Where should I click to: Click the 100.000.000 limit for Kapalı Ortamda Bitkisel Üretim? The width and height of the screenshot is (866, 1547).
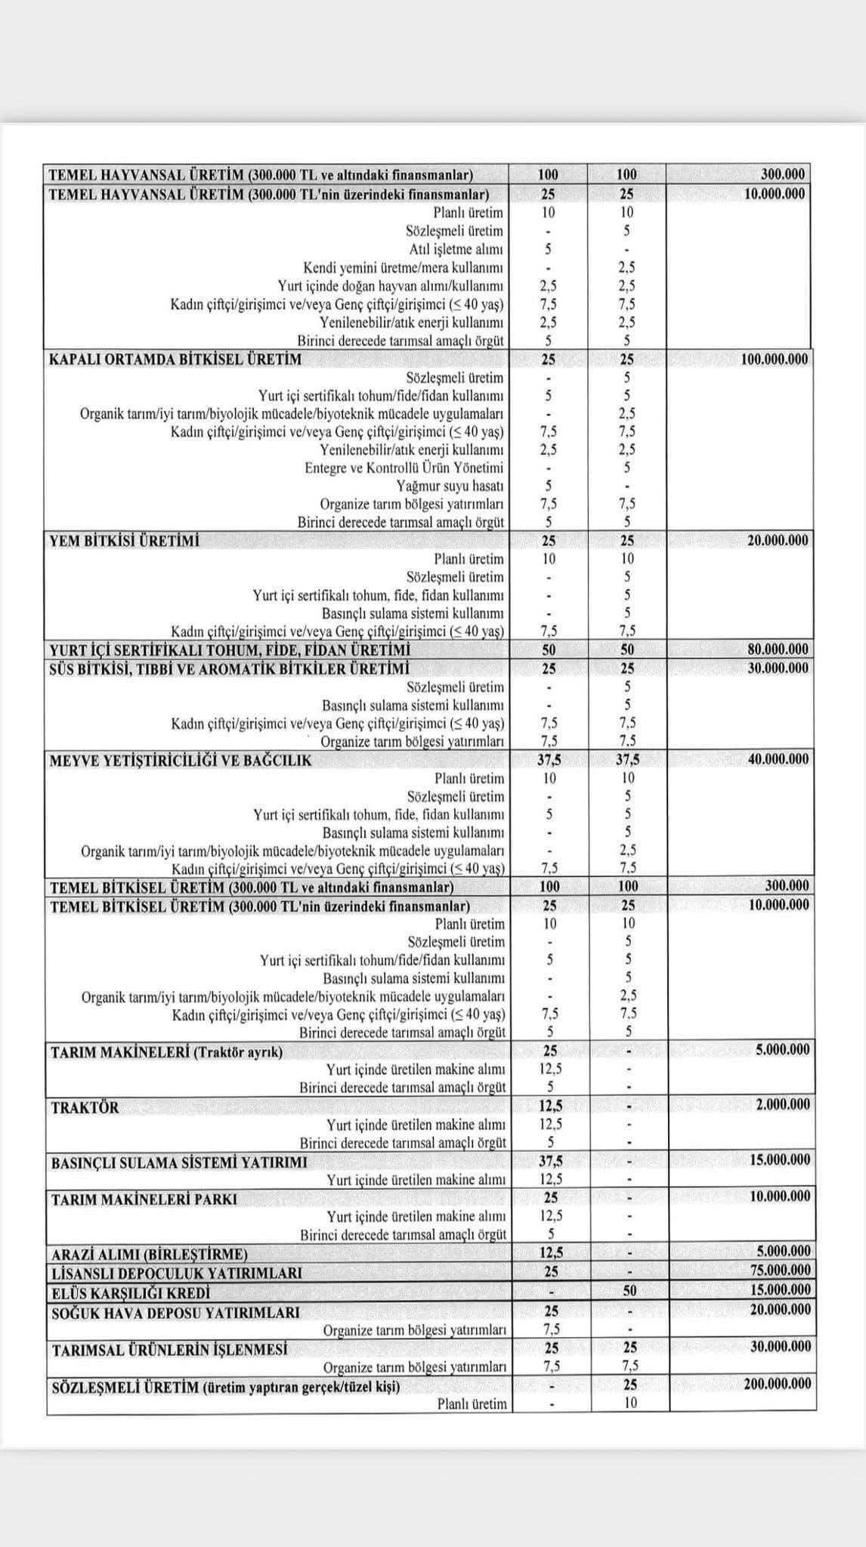(x=774, y=360)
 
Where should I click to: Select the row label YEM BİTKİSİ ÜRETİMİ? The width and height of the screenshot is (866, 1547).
(x=125, y=541)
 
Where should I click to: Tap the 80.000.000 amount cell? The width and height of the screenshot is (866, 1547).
(x=778, y=650)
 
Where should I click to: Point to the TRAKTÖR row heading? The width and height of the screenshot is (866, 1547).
(x=85, y=1108)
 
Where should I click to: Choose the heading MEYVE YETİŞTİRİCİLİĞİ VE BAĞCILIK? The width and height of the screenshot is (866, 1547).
(x=181, y=760)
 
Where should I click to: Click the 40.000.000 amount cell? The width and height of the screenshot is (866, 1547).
(x=778, y=759)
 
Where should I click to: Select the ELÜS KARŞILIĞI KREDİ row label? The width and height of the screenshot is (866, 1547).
(x=131, y=1292)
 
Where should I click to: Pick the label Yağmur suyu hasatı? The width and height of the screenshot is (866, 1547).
(x=450, y=486)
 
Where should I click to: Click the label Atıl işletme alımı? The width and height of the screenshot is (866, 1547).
(x=456, y=249)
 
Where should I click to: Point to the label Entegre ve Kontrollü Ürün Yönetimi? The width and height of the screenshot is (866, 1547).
(x=404, y=468)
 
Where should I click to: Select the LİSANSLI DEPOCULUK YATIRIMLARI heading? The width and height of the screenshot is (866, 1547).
(x=176, y=1273)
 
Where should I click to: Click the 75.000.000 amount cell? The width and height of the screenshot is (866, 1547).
(x=779, y=1271)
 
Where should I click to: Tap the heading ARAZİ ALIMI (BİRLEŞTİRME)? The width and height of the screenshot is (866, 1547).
(x=149, y=1254)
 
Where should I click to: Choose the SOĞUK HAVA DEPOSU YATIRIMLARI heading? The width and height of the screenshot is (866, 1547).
(x=175, y=1313)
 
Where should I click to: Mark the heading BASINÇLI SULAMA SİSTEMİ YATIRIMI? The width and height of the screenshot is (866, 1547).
(x=179, y=1163)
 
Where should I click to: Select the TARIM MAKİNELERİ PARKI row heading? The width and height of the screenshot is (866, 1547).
(x=144, y=1199)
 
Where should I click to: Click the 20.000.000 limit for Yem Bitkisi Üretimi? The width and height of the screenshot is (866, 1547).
(x=778, y=541)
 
